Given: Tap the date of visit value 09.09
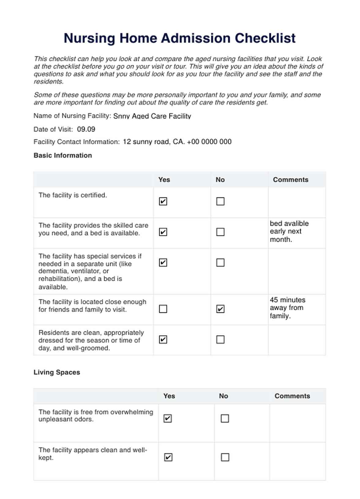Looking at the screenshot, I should [86, 129].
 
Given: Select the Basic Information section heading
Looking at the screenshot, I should [63, 156].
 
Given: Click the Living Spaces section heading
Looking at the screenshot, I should [57, 372].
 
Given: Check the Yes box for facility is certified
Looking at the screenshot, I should [163, 201].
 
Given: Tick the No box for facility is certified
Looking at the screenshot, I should [220, 201].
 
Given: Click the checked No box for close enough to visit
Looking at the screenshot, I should [220, 309].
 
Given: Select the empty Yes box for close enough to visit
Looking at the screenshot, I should [163, 309].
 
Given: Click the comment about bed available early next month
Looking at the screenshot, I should [289, 231].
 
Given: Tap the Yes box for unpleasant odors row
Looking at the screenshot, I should [168, 418].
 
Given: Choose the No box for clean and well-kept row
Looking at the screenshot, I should [225, 457].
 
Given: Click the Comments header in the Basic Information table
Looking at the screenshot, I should [291, 180].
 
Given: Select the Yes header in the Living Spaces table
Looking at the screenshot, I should [169, 396].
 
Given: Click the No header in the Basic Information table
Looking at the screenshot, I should [220, 180].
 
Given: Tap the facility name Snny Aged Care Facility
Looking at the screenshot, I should [152, 116].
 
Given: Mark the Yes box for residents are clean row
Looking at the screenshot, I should [163, 340].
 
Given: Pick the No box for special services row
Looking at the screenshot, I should [220, 263].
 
